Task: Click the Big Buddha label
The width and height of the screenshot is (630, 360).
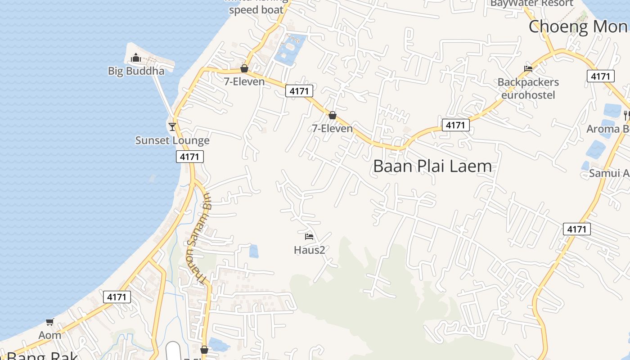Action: tap(136, 71)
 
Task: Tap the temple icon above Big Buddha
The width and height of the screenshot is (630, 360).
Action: tap(135, 58)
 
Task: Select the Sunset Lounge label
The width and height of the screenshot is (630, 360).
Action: tap(172, 140)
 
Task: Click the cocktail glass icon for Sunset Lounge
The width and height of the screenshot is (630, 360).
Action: tap(172, 126)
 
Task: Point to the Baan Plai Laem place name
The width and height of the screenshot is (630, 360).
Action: tap(432, 166)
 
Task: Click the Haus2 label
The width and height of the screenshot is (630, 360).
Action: tap(309, 250)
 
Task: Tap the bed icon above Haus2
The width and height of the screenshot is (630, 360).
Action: tap(309, 236)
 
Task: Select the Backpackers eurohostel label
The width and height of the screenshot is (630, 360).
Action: tap(528, 89)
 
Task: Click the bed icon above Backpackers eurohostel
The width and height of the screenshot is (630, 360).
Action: tap(528, 69)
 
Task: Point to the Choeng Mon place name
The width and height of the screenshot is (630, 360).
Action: tap(578, 27)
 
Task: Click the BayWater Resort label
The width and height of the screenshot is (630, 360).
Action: tap(532, 4)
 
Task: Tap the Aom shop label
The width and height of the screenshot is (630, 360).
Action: tap(49, 335)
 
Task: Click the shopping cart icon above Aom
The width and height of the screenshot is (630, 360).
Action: tap(49, 322)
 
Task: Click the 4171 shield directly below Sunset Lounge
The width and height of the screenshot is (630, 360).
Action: tap(189, 157)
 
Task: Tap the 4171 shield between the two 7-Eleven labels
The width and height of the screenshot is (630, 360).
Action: tap(299, 91)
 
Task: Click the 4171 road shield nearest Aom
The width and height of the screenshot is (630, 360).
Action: tap(117, 297)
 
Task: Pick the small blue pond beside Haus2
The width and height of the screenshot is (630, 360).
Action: tap(254, 251)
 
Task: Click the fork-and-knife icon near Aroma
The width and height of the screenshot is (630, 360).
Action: tap(626, 115)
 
